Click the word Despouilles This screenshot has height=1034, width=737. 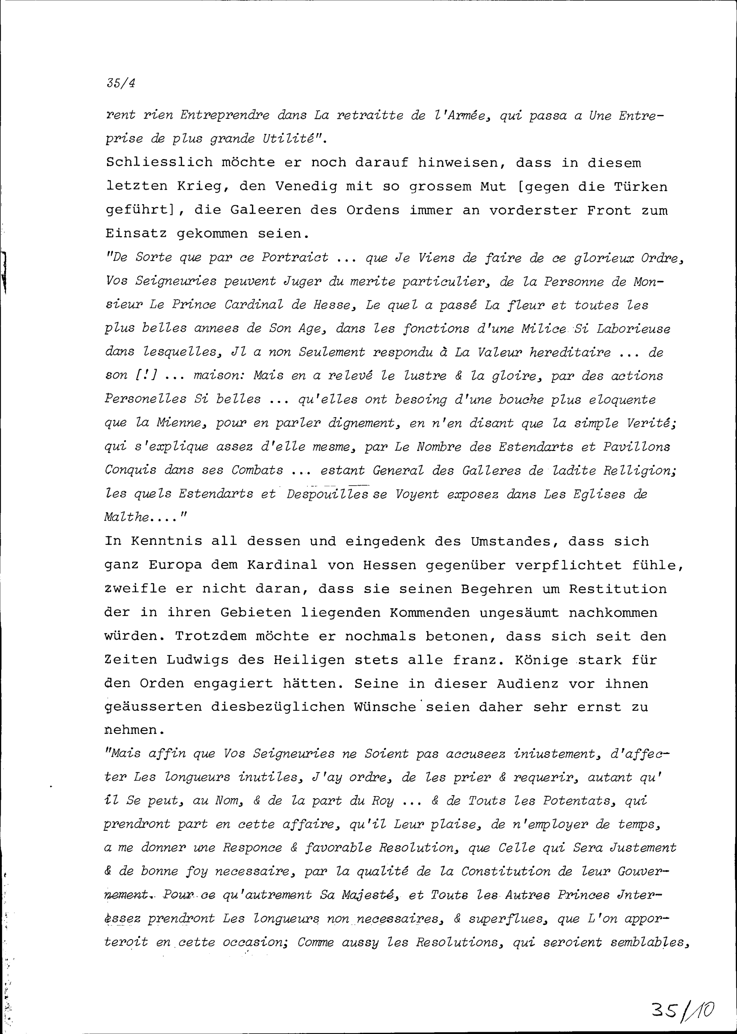pyautogui.click(x=327, y=494)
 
